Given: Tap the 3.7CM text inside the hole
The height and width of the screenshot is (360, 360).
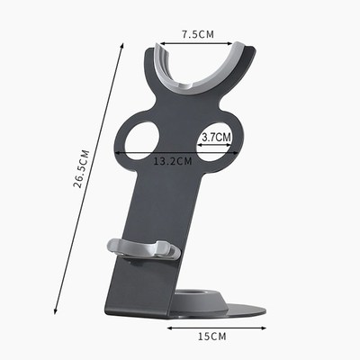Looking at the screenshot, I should pyautogui.click(x=216, y=138).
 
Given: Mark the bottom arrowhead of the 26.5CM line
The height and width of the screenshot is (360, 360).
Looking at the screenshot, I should pyautogui.click(x=58, y=307).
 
